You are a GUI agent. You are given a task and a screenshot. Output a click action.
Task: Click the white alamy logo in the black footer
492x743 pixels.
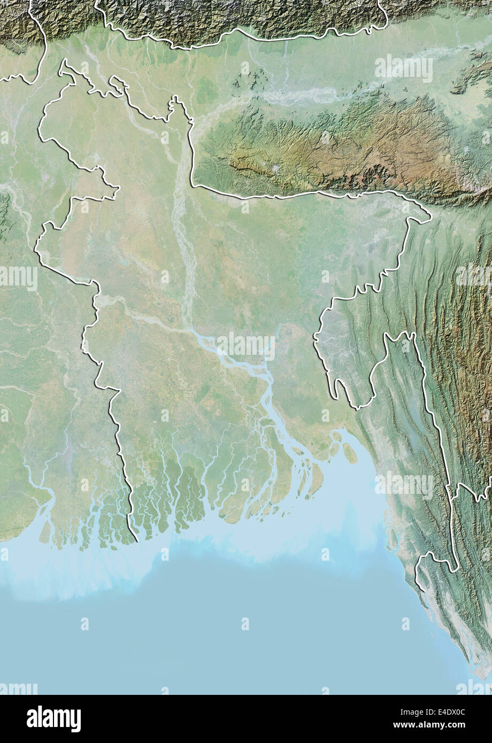tap(53, 718)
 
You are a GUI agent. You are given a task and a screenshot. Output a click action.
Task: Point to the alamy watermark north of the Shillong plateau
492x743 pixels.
tap(404, 68)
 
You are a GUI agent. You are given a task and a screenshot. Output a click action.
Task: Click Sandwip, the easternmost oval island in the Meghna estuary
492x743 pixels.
tap(350, 453)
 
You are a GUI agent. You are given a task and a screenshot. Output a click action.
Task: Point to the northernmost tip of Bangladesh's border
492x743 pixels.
tap(64, 61)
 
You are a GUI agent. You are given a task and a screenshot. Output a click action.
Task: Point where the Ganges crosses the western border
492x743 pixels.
tap(97, 299)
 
